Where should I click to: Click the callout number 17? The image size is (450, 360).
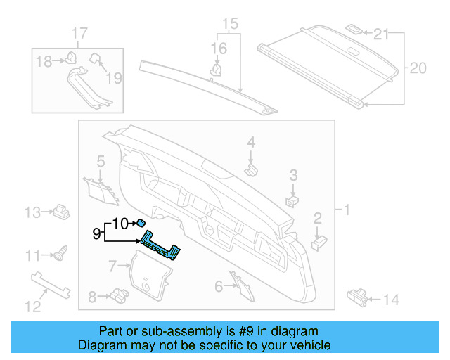pos(79,33)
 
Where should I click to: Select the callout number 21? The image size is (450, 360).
pos(381,34)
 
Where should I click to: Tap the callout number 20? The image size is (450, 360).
pos(418,68)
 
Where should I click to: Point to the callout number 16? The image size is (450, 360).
pos(219,48)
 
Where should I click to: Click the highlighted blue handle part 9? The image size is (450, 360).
pos(160,245)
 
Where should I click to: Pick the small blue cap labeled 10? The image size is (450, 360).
pos(141,220)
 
